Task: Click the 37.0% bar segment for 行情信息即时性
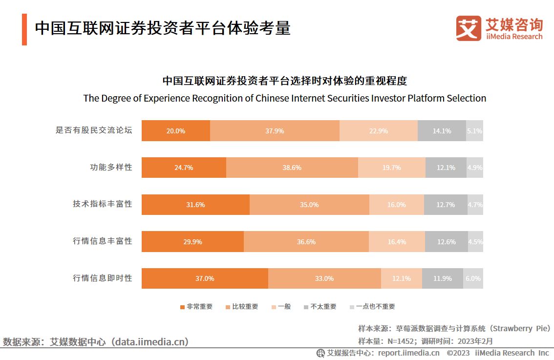[205, 278]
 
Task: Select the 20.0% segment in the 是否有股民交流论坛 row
[176, 131]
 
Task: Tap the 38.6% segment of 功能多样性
[292, 168]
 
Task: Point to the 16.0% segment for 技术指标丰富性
[396, 205]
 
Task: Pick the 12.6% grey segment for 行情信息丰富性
[446, 242]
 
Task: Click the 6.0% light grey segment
[472, 278]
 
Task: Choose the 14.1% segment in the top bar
[442, 131]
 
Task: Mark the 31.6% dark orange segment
[195, 205]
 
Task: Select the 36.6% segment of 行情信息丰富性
[306, 242]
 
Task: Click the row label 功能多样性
[111, 167]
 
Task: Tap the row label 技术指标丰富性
[103, 204]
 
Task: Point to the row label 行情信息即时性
[103, 278]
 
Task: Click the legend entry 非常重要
[196, 307]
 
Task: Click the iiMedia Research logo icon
[469, 28]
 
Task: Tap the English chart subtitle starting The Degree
[285, 98]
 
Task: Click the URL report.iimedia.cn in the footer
[408, 353]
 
